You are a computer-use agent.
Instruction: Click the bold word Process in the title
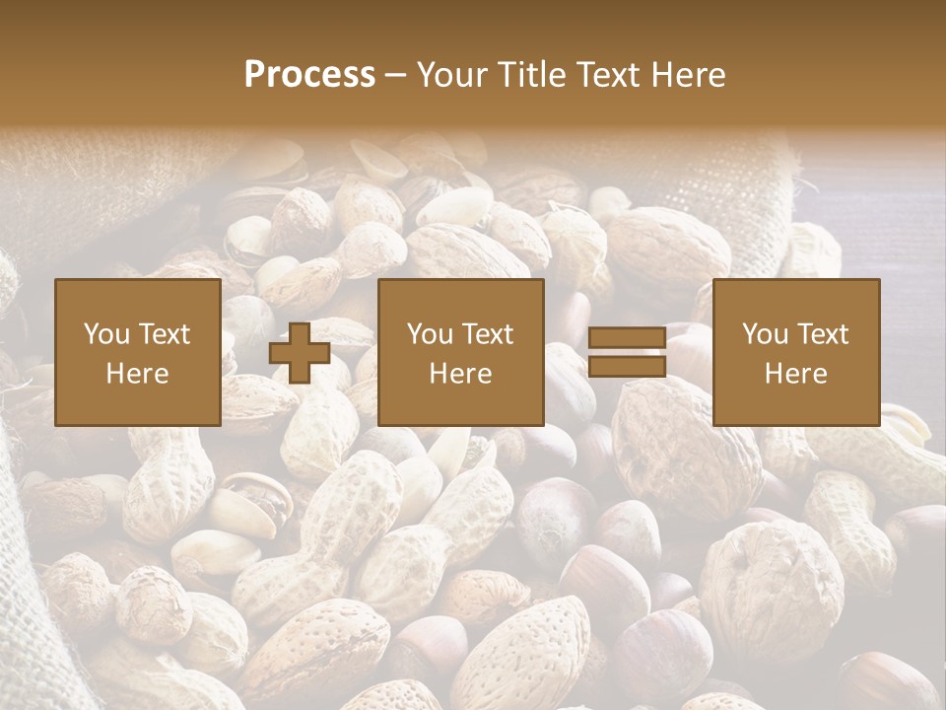coord(309,75)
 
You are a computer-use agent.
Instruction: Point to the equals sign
coord(627,352)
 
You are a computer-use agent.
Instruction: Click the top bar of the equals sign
coord(627,338)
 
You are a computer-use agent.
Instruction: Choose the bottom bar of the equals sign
coord(627,366)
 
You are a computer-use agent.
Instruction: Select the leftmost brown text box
coord(138,352)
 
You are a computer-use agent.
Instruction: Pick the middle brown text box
coord(461,352)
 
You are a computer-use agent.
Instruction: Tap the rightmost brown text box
coord(796,352)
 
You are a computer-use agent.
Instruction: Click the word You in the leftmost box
coord(104,334)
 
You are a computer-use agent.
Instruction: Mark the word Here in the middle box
coord(461,374)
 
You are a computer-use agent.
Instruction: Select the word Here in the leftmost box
coord(138,374)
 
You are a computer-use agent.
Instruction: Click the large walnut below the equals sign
coord(686,449)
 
